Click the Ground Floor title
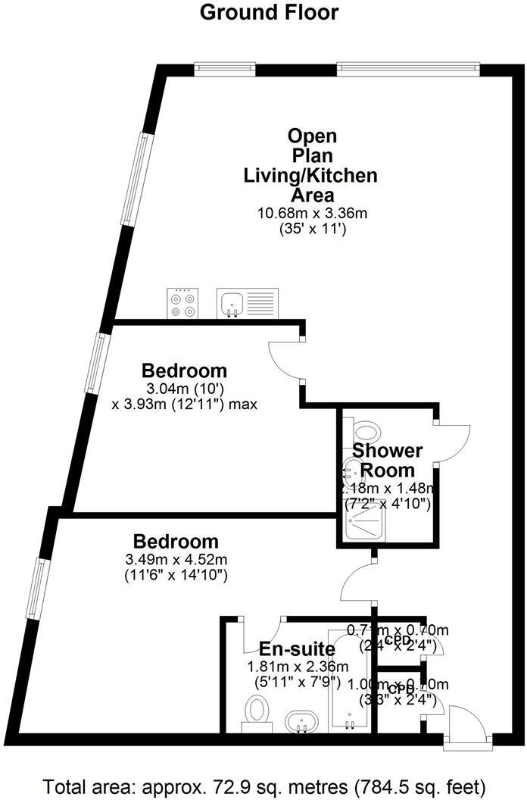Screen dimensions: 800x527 269,12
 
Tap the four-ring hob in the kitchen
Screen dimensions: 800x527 182,304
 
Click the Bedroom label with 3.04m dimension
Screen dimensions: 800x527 185,371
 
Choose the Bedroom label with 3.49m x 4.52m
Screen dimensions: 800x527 176,542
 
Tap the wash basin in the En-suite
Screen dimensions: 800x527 302,720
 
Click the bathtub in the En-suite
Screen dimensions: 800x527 349,678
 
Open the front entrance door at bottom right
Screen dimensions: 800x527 465,725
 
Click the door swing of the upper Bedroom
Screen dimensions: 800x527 286,360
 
